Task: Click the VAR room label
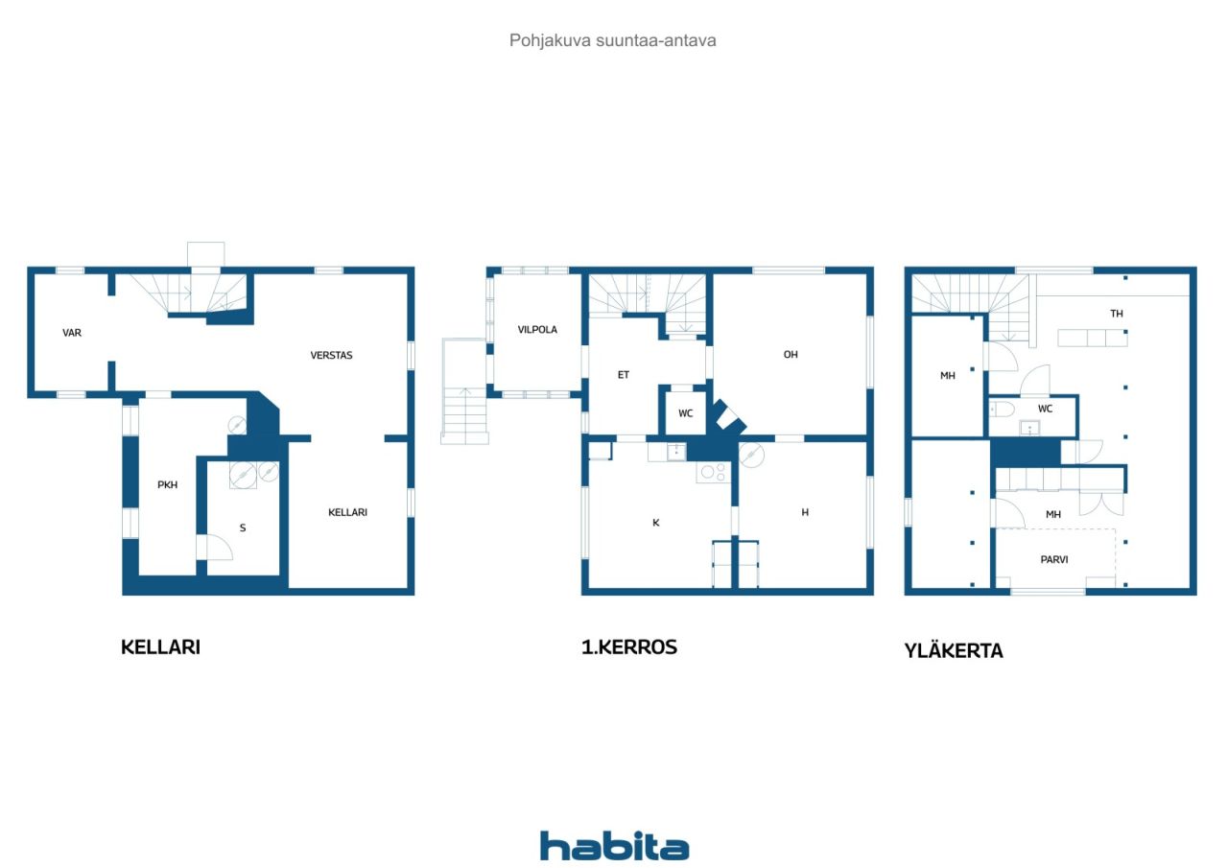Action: pyautogui.click(x=72, y=333)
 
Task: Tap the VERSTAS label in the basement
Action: pyautogui.click(x=331, y=356)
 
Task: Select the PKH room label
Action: pyautogui.click(x=167, y=485)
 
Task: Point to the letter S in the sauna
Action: pyautogui.click(x=243, y=528)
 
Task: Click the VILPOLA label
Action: pyautogui.click(x=537, y=330)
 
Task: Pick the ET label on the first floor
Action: pyautogui.click(x=624, y=375)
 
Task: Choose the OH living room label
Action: pyautogui.click(x=791, y=355)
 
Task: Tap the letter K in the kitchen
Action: pyautogui.click(x=655, y=524)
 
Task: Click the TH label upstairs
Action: pyautogui.click(x=1117, y=314)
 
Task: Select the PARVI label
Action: pyautogui.click(x=1054, y=560)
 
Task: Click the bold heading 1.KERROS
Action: pyautogui.click(x=628, y=647)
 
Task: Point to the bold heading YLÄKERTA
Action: pyautogui.click(x=954, y=650)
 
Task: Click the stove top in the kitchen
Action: pyautogui.click(x=713, y=472)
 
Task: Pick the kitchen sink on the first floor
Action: pyautogui.click(x=676, y=452)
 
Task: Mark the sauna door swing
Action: pyautogui.click(x=219, y=548)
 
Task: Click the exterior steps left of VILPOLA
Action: pyautogui.click(x=464, y=391)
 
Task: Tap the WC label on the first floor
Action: pyautogui.click(x=685, y=413)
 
